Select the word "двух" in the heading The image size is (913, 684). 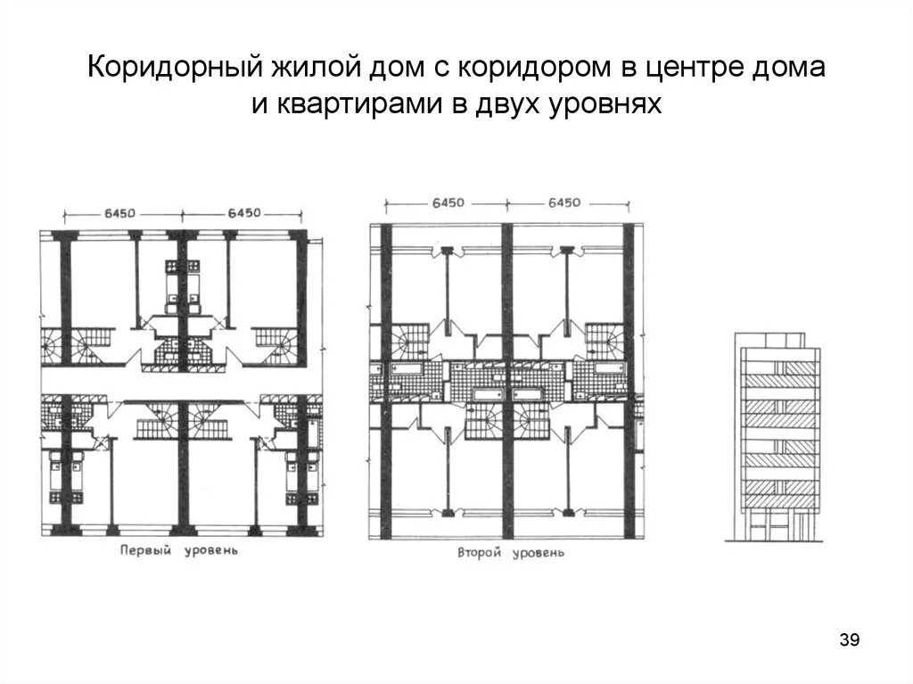(x=512, y=105)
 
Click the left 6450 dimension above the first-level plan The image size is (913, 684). (x=119, y=212)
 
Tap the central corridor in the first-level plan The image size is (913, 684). (x=178, y=385)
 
